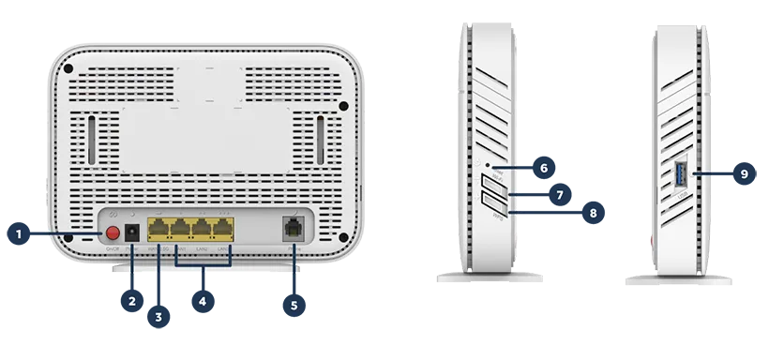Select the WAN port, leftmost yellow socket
158,229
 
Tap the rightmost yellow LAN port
222,229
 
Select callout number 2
132,301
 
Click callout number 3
158,318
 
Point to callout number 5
294,305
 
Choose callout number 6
543,168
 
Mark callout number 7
559,194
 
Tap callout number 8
593,213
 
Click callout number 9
744,173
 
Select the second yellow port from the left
180,229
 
